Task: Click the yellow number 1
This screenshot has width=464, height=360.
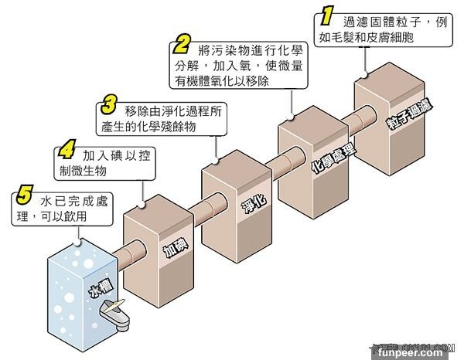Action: [327, 16]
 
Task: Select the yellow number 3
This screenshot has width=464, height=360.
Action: [109, 104]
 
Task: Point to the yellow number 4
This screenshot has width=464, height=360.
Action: [67, 147]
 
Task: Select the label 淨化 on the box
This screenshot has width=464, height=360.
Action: [252, 205]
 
